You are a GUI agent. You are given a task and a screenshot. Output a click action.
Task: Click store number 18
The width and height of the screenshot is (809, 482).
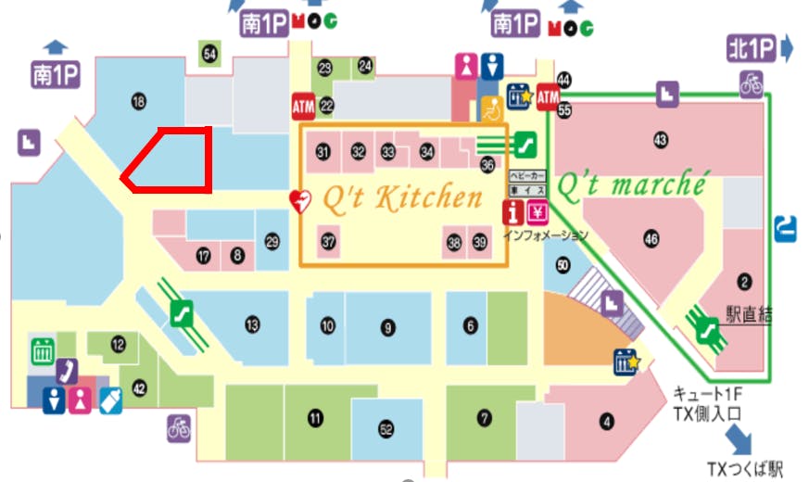pos(140,101)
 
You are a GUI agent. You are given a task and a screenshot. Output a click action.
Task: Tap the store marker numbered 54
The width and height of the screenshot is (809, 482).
pos(210,55)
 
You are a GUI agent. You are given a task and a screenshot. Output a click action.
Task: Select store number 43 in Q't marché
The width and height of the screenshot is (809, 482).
pos(660,140)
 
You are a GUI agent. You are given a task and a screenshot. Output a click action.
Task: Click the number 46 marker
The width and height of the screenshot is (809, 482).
pos(651,239)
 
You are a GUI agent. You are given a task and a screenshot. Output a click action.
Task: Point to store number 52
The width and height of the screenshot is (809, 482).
pos(386,429)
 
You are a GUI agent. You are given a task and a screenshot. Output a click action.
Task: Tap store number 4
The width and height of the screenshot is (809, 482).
pos(607,424)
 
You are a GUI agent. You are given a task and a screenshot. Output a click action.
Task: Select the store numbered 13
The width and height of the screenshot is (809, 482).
pos(251,324)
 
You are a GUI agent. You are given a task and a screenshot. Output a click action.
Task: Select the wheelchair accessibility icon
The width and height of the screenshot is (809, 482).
pos(488,109)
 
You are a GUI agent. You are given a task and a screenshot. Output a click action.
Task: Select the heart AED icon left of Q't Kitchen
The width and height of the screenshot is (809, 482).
pos(298,199)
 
